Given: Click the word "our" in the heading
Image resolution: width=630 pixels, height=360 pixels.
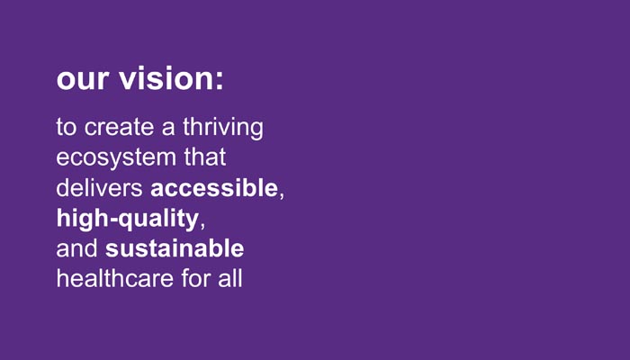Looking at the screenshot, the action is [83, 79].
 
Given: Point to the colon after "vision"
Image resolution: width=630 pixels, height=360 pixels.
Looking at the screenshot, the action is [219, 80].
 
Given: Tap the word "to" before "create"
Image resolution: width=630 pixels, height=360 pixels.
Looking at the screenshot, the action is [66, 128].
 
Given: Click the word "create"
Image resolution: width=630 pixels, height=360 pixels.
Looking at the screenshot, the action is [120, 128].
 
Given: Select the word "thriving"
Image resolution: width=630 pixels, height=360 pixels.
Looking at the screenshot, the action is [223, 128].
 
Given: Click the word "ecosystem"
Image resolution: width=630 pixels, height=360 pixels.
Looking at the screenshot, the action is [116, 157].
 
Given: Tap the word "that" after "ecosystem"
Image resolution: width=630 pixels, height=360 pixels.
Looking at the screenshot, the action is [205, 157].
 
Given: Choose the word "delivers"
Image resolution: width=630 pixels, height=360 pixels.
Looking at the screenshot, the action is [99, 187].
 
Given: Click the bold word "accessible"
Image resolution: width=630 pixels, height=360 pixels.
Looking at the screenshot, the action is [214, 187].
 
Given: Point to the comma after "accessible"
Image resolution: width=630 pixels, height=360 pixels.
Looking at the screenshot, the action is [281, 194].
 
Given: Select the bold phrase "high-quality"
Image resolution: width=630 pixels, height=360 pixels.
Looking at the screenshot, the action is [128, 219].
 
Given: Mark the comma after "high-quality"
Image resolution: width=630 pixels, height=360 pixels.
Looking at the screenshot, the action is [202, 225].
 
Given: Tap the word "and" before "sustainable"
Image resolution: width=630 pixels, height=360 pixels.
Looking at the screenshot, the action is [76, 247].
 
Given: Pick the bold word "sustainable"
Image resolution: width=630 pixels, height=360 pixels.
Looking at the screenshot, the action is [175, 247].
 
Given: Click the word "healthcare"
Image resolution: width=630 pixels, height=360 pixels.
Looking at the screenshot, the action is [114, 278].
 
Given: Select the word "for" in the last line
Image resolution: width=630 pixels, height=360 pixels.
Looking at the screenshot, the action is [195, 278].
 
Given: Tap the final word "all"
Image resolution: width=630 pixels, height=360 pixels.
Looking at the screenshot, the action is [230, 278].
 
